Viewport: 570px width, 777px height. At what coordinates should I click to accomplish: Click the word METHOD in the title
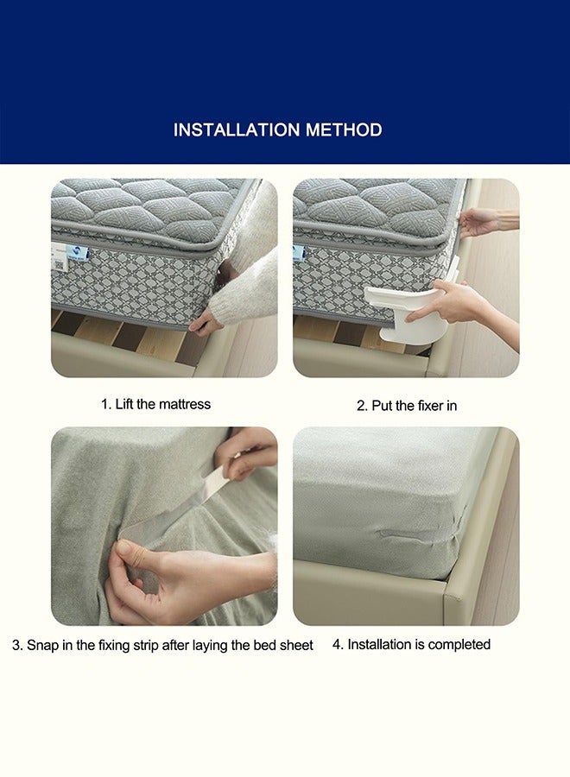point(341,130)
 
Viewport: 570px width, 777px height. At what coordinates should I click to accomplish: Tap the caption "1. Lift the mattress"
point(155,404)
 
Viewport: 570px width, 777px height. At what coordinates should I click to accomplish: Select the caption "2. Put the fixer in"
point(407,405)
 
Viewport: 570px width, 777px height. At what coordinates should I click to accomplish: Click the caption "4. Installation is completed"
point(411,644)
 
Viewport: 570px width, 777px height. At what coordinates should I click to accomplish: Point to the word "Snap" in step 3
point(43,645)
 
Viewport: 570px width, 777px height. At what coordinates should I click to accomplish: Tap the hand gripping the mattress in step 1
point(206,322)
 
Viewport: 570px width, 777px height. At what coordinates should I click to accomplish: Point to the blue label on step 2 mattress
point(299,252)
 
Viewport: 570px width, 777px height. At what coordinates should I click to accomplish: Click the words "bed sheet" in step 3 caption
point(286,645)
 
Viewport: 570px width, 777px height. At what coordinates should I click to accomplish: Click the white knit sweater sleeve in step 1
point(246,289)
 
